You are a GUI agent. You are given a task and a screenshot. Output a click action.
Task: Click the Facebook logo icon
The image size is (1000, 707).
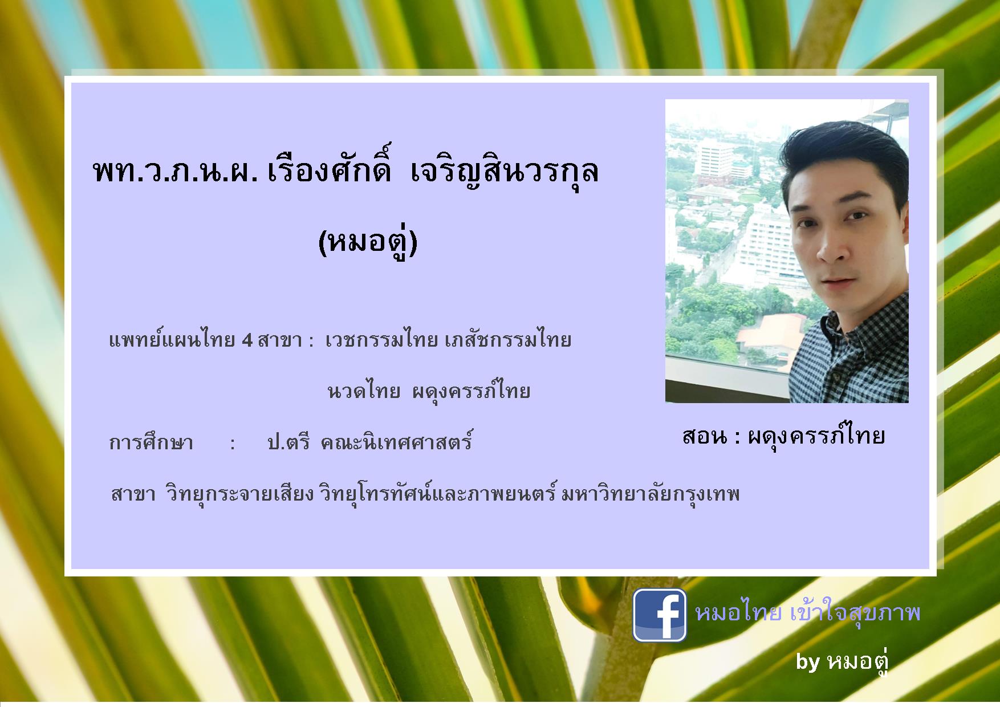pyautogui.click(x=660, y=615)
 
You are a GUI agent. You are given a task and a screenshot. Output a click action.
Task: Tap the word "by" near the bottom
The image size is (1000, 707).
pyautogui.click(x=808, y=662)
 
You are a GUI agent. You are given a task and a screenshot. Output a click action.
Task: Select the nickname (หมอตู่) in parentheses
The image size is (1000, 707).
pyautogui.click(x=368, y=241)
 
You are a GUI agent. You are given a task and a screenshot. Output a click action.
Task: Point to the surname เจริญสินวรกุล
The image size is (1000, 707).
pyautogui.click(x=504, y=170)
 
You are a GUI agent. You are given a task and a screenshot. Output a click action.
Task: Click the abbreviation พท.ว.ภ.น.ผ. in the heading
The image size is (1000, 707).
pyautogui.click(x=174, y=171)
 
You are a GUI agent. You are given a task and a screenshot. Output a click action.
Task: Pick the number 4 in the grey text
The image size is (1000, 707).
pyautogui.click(x=247, y=340)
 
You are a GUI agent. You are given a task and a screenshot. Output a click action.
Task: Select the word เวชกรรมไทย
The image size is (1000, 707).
pyautogui.click(x=381, y=340)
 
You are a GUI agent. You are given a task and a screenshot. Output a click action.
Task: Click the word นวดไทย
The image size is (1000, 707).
pyautogui.click(x=364, y=391)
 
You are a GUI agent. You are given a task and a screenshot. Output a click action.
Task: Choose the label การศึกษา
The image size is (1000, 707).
pyautogui.click(x=151, y=442)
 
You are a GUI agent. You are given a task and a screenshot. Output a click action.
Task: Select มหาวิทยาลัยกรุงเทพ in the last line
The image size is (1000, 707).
pyautogui.click(x=650, y=494)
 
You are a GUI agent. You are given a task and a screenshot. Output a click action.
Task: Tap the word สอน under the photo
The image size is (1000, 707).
pyautogui.click(x=704, y=436)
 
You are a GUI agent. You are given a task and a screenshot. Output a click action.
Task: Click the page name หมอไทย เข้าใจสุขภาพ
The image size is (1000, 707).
pyautogui.click(x=807, y=613)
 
